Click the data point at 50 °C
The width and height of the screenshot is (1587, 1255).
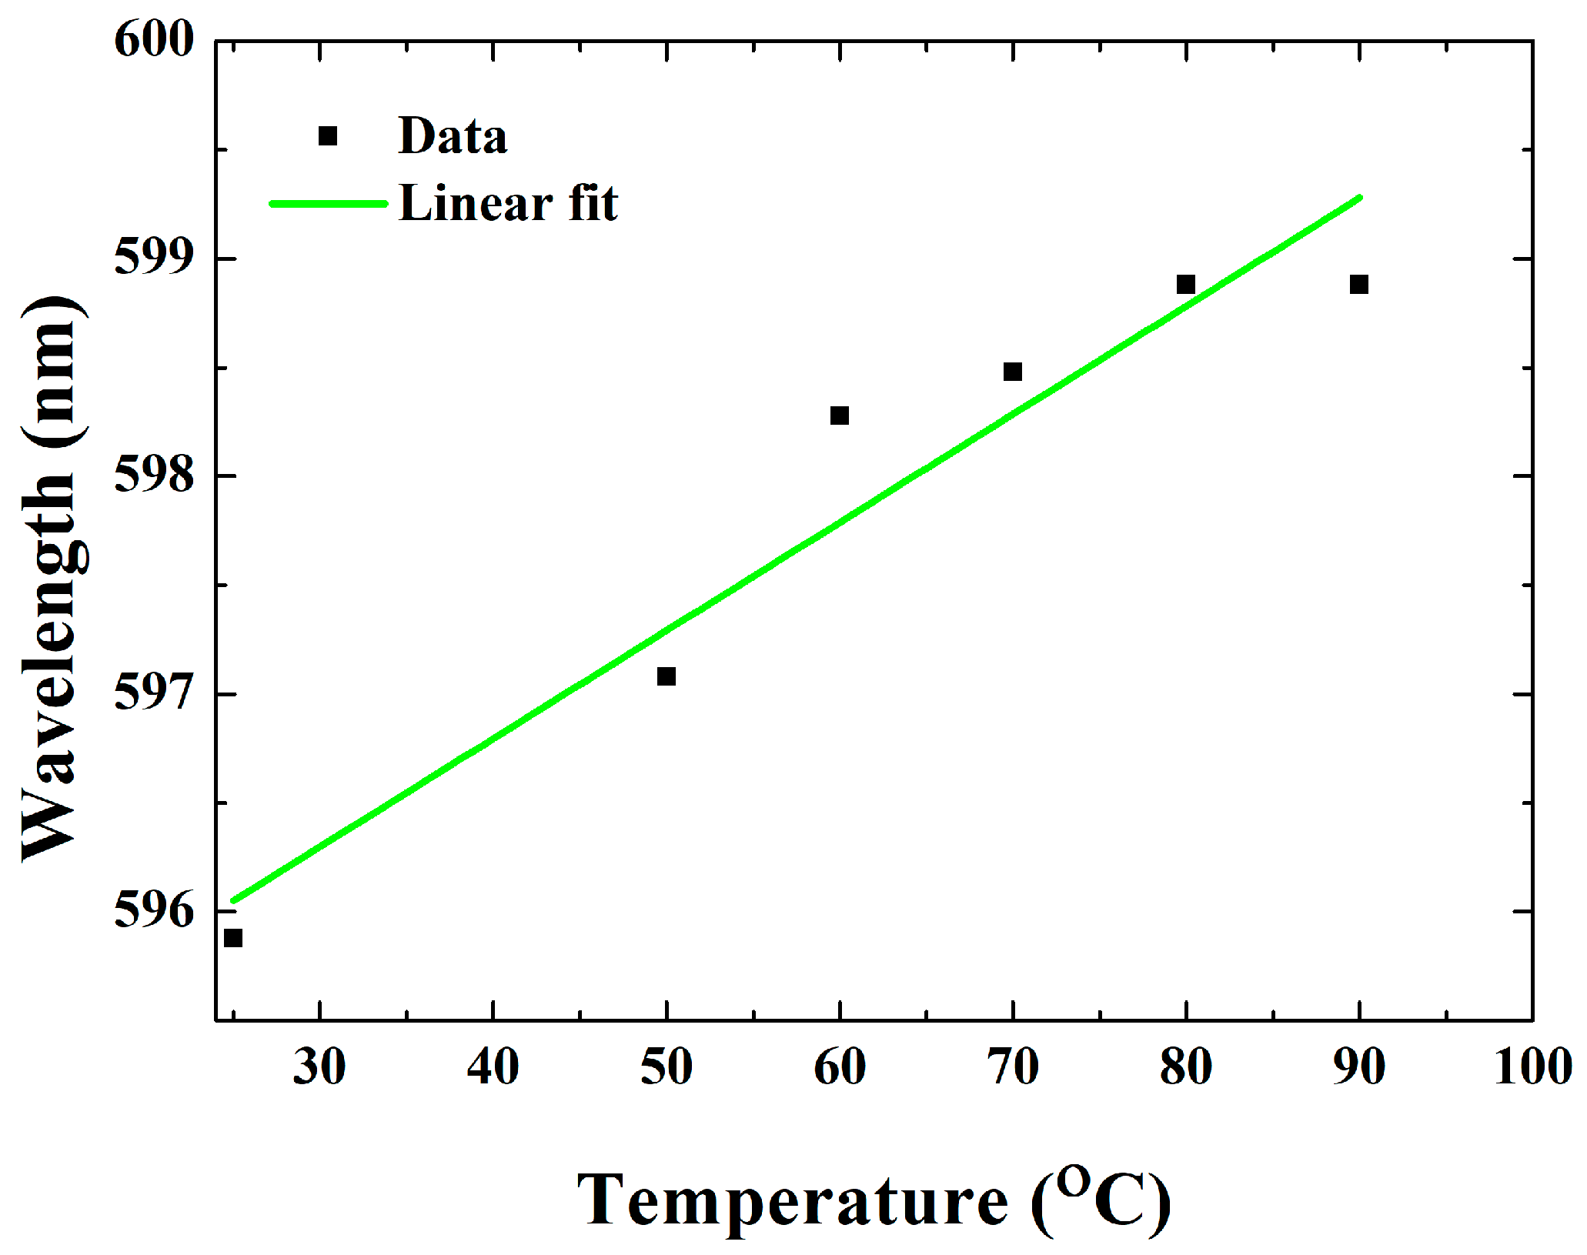[667, 676]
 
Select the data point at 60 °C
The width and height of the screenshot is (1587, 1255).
[840, 416]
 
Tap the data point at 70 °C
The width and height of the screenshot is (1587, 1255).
[1013, 372]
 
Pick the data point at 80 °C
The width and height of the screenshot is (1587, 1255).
[1186, 285]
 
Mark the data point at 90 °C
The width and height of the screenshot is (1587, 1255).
[1359, 285]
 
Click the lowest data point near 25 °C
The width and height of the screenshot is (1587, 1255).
[233, 938]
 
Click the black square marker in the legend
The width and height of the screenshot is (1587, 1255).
[328, 136]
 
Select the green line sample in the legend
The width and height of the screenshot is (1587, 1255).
[328, 204]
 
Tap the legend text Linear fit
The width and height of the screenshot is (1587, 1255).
[508, 204]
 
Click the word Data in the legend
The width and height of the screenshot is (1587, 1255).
[453, 136]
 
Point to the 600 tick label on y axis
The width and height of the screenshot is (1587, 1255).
[154, 40]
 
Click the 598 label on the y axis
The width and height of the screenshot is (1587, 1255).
[154, 476]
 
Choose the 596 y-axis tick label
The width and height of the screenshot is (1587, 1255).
[154, 911]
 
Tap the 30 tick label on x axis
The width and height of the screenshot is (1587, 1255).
[319, 1067]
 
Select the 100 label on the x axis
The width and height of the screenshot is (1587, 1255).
[1532, 1067]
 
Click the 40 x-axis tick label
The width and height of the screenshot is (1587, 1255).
[493, 1067]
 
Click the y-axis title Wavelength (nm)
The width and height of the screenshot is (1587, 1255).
[52, 577]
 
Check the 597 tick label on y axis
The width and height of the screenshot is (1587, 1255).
[154, 693]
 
